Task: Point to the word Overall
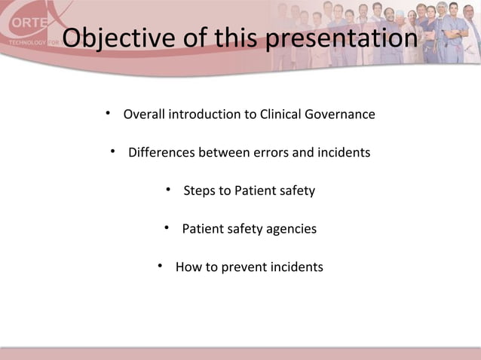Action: coord(144,114)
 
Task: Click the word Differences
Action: coord(161,153)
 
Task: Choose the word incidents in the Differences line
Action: coord(342,153)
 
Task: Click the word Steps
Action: coord(200,191)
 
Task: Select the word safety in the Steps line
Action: coord(296,191)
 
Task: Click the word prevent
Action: coord(245,267)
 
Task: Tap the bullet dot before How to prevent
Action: coord(161,267)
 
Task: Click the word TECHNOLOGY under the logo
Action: coord(24,43)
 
